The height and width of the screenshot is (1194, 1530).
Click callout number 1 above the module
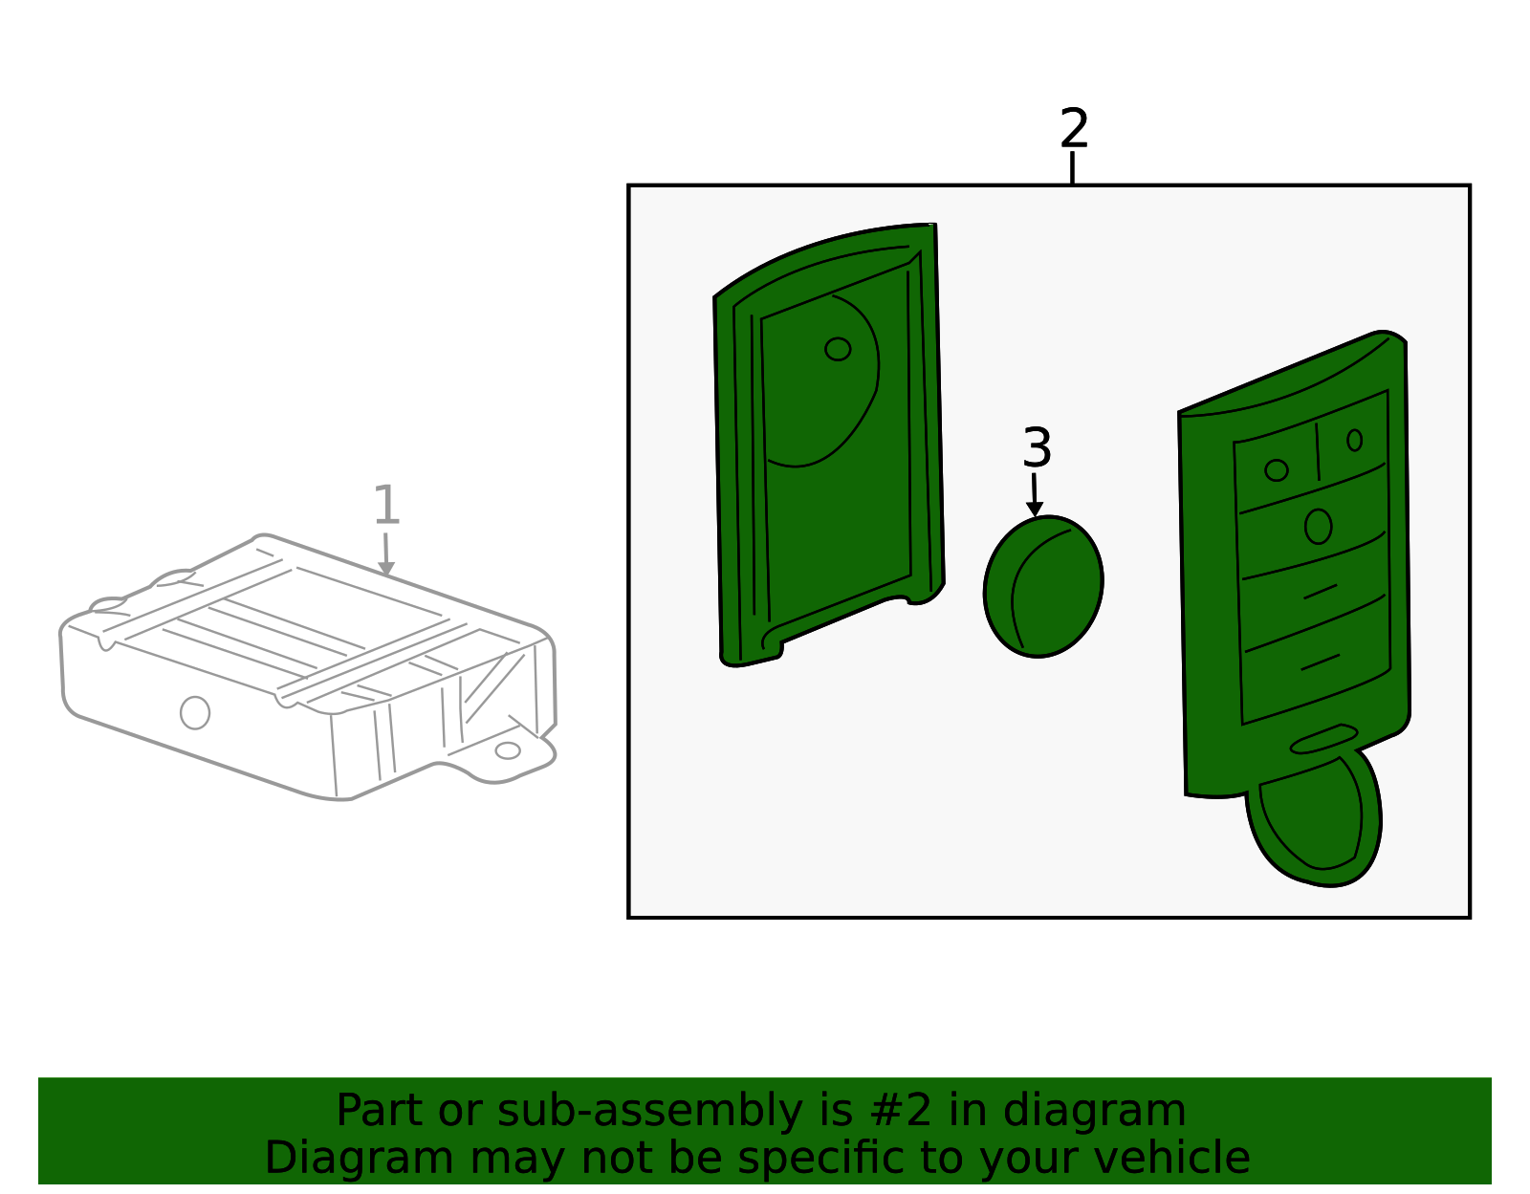click(x=385, y=505)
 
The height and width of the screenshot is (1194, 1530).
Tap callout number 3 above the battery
click(x=1038, y=446)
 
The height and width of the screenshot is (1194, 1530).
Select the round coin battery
click(x=1043, y=587)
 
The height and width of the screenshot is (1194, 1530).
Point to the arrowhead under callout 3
click(x=1035, y=510)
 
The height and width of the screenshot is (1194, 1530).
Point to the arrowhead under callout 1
click(x=385, y=569)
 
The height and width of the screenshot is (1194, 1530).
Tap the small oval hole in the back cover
click(x=838, y=349)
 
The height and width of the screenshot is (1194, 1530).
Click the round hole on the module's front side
click(x=195, y=713)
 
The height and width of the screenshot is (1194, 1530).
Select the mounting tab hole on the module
click(x=508, y=750)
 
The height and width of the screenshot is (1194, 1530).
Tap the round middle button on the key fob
click(x=1318, y=527)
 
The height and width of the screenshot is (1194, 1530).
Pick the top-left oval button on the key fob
click(x=1277, y=470)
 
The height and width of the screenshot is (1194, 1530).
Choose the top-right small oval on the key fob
click(x=1355, y=441)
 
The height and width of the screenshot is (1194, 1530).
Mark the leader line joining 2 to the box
click(x=1072, y=167)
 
